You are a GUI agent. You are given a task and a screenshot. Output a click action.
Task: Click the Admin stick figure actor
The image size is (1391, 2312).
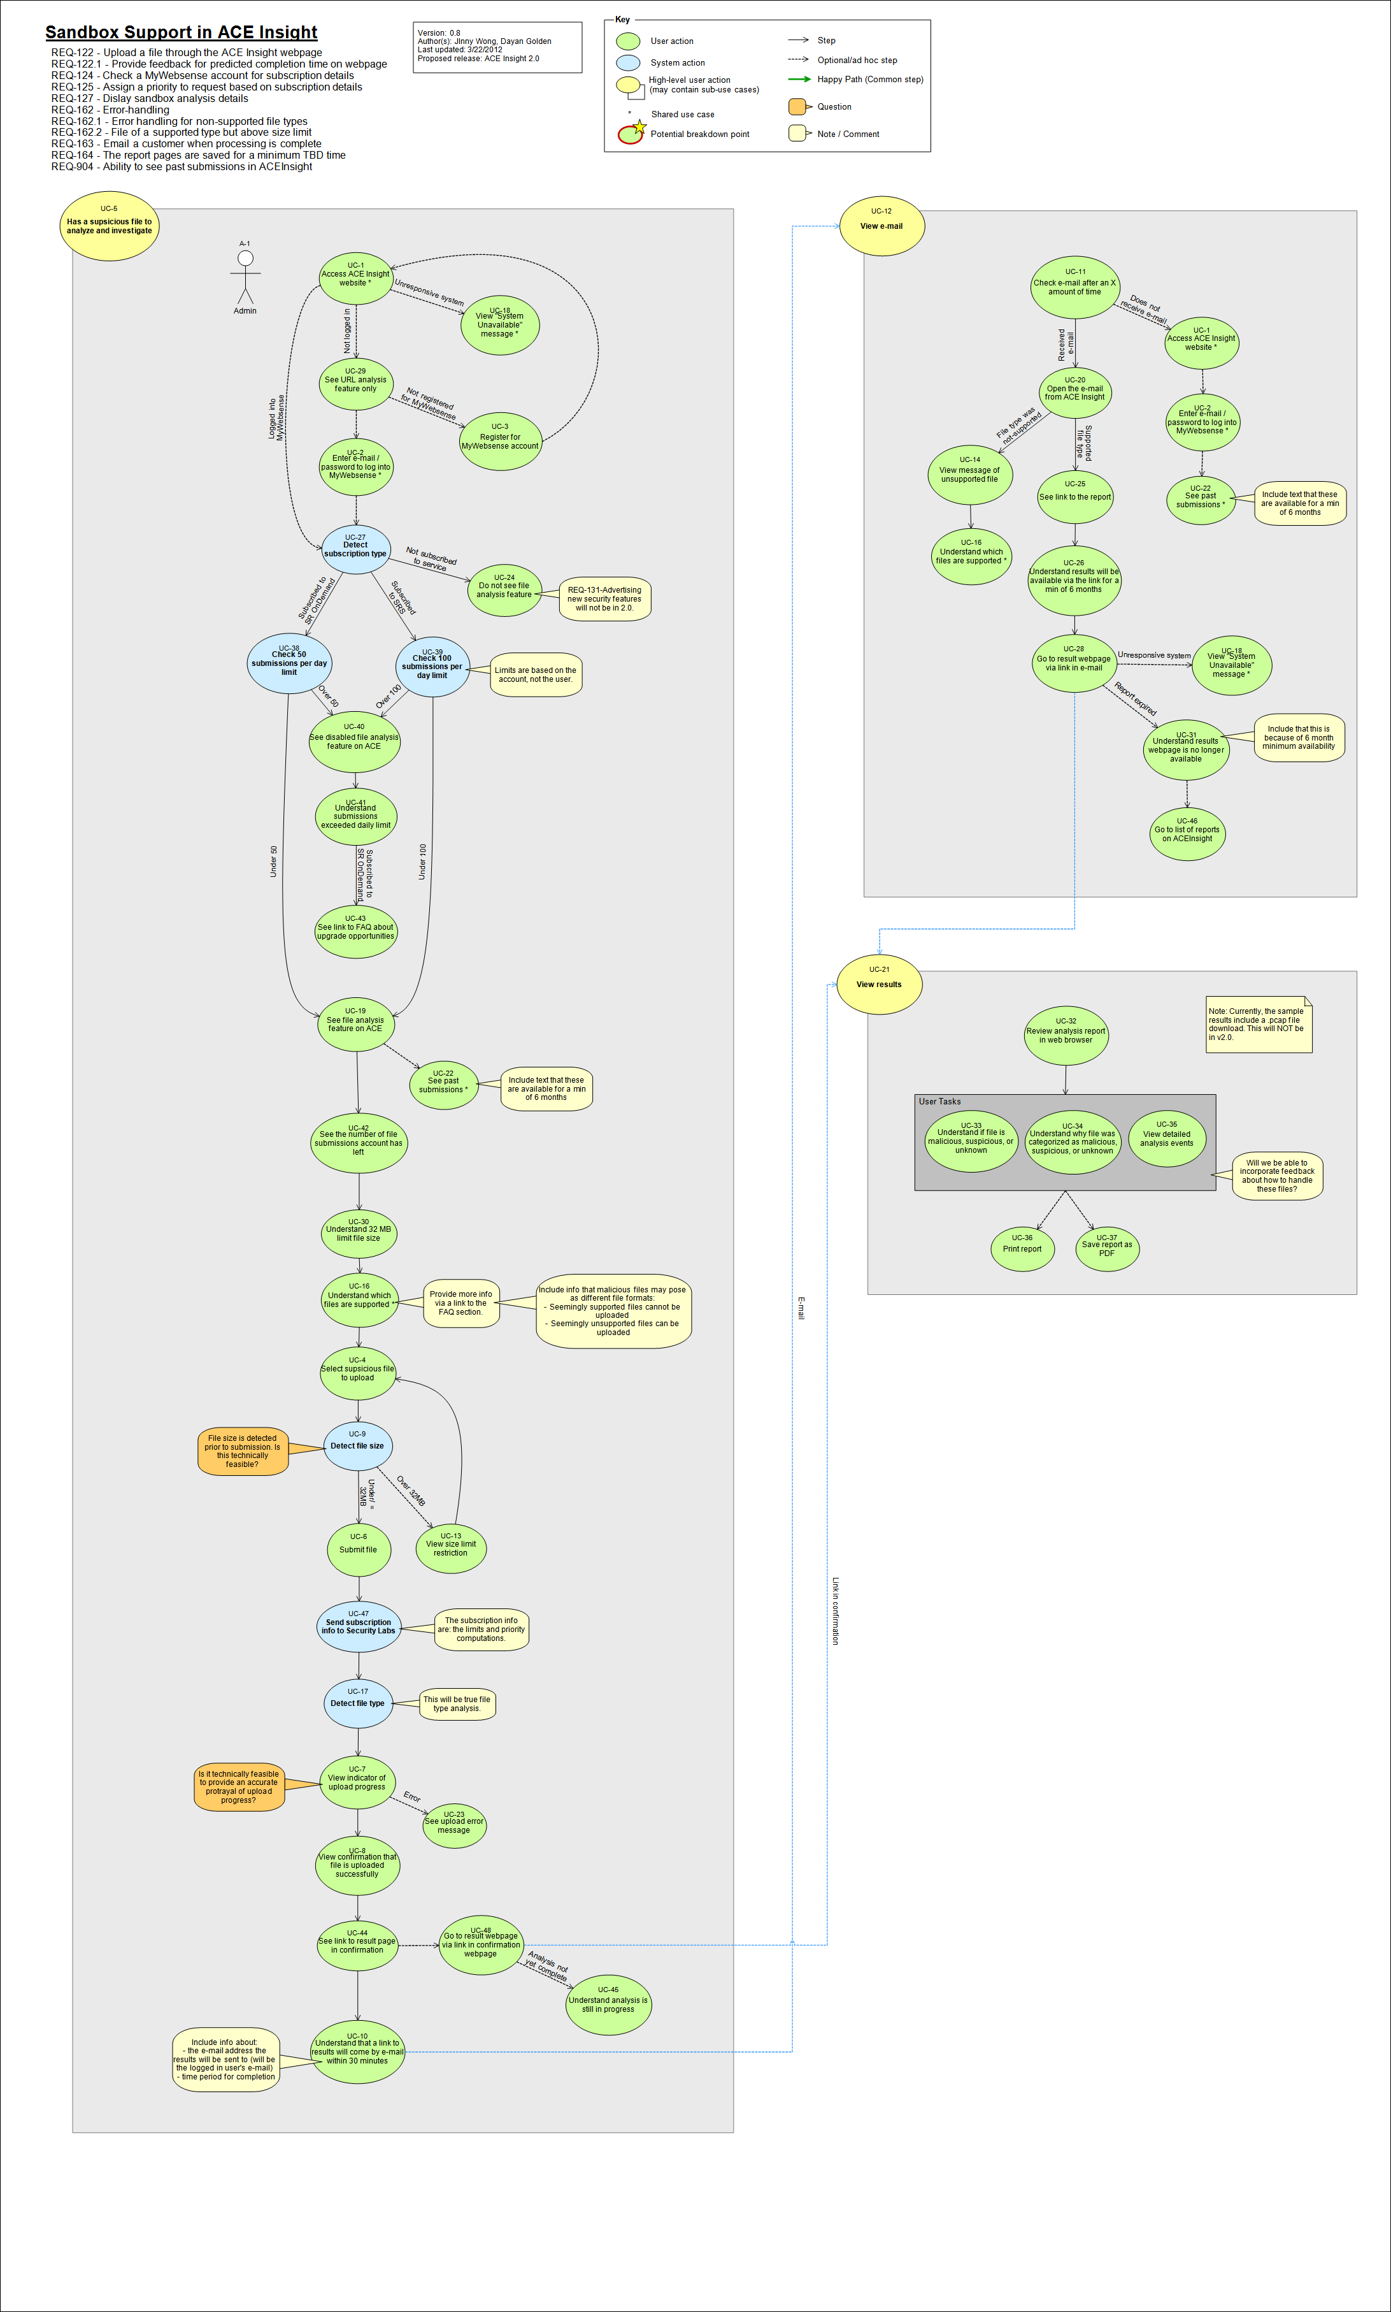coord(245,274)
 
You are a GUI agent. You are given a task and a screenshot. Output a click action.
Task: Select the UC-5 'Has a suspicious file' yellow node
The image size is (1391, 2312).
coord(110,225)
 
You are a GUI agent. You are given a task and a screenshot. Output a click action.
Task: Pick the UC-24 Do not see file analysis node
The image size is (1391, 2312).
coord(504,589)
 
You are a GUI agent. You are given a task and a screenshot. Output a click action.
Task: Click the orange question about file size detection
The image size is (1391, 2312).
coord(243,1451)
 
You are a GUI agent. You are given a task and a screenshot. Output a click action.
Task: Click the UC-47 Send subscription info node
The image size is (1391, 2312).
coord(359,1626)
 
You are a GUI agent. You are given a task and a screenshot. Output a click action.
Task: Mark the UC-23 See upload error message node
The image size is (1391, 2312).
coord(455,1824)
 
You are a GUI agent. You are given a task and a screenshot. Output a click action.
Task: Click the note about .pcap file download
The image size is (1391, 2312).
coord(1257,1024)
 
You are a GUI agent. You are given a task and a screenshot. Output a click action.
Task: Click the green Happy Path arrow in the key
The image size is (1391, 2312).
coord(799,79)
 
